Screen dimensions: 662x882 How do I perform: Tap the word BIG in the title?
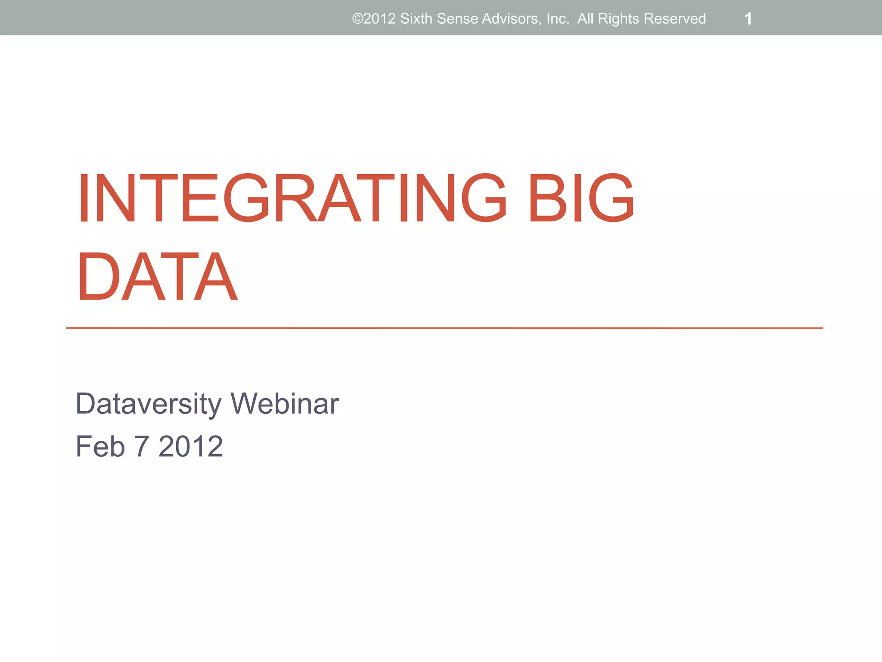pos(581,198)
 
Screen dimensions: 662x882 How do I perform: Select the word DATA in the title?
pos(157,276)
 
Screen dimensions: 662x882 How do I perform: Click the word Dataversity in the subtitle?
pos(148,404)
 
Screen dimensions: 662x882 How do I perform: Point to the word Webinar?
pos(285,404)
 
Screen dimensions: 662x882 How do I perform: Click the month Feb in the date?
pos(100,447)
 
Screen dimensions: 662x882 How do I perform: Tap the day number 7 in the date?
pos(142,447)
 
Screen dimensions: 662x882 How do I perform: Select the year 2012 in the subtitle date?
pos(191,447)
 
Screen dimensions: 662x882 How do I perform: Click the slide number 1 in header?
pos(748,19)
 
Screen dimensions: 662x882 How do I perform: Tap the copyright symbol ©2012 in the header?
pos(374,19)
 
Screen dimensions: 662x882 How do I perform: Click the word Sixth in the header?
pos(416,19)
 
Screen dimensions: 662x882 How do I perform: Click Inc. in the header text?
pos(558,19)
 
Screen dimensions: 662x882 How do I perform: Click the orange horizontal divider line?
pos(444,328)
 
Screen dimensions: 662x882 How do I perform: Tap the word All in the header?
pos(585,19)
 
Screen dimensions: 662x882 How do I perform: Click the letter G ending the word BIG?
pos(611,198)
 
